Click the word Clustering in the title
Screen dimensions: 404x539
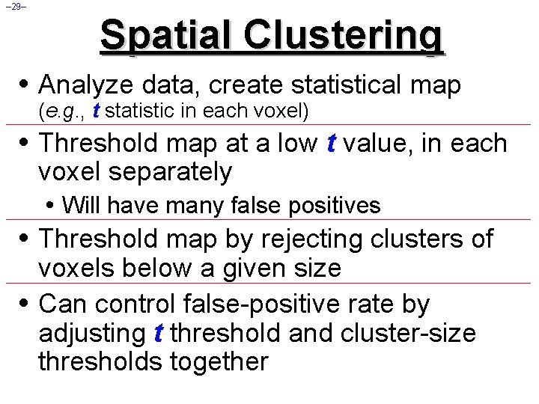(345, 35)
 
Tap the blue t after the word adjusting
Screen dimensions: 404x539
(157, 333)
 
